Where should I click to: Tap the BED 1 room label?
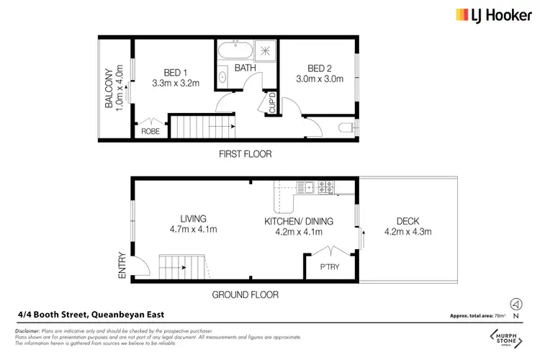[175, 72]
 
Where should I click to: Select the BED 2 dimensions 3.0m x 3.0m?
[318, 83]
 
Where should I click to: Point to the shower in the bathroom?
[264, 52]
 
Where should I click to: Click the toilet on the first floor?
[346, 128]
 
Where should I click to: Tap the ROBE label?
[150, 132]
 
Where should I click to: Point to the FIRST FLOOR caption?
[245, 154]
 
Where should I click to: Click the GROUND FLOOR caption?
[245, 295]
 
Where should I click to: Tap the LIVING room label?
[194, 219]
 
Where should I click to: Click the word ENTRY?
[122, 264]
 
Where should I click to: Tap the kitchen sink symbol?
[309, 188]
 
